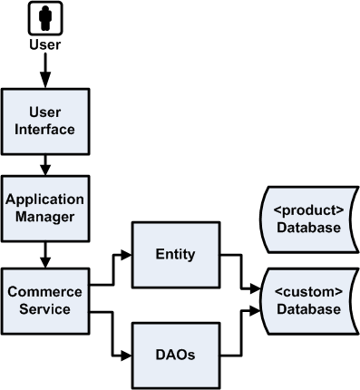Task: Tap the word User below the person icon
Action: pyautogui.click(x=44, y=43)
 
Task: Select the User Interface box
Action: pyautogui.click(x=44, y=120)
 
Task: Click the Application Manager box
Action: pyautogui.click(x=44, y=209)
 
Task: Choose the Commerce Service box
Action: pyautogui.click(x=44, y=300)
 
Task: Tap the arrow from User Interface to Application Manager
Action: pyautogui.click(x=44, y=164)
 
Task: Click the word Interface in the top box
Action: pyautogui.click(x=44, y=129)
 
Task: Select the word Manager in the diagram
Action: pyautogui.click(x=44, y=218)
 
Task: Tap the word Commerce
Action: pyautogui.click(x=44, y=291)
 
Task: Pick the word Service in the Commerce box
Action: pyautogui.click(x=44, y=309)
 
